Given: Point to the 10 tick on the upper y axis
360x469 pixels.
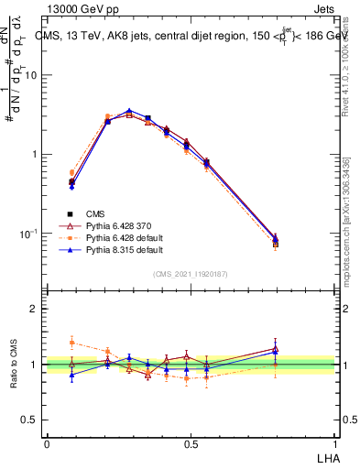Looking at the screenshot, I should pos(34,75).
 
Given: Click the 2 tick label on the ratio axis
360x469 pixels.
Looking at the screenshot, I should pos(37,309).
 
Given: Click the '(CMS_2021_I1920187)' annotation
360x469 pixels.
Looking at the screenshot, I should pos(191,274).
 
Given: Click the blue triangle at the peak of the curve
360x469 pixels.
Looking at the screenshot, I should pos(129,111).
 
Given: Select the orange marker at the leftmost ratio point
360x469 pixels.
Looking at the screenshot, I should pos(71,343).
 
